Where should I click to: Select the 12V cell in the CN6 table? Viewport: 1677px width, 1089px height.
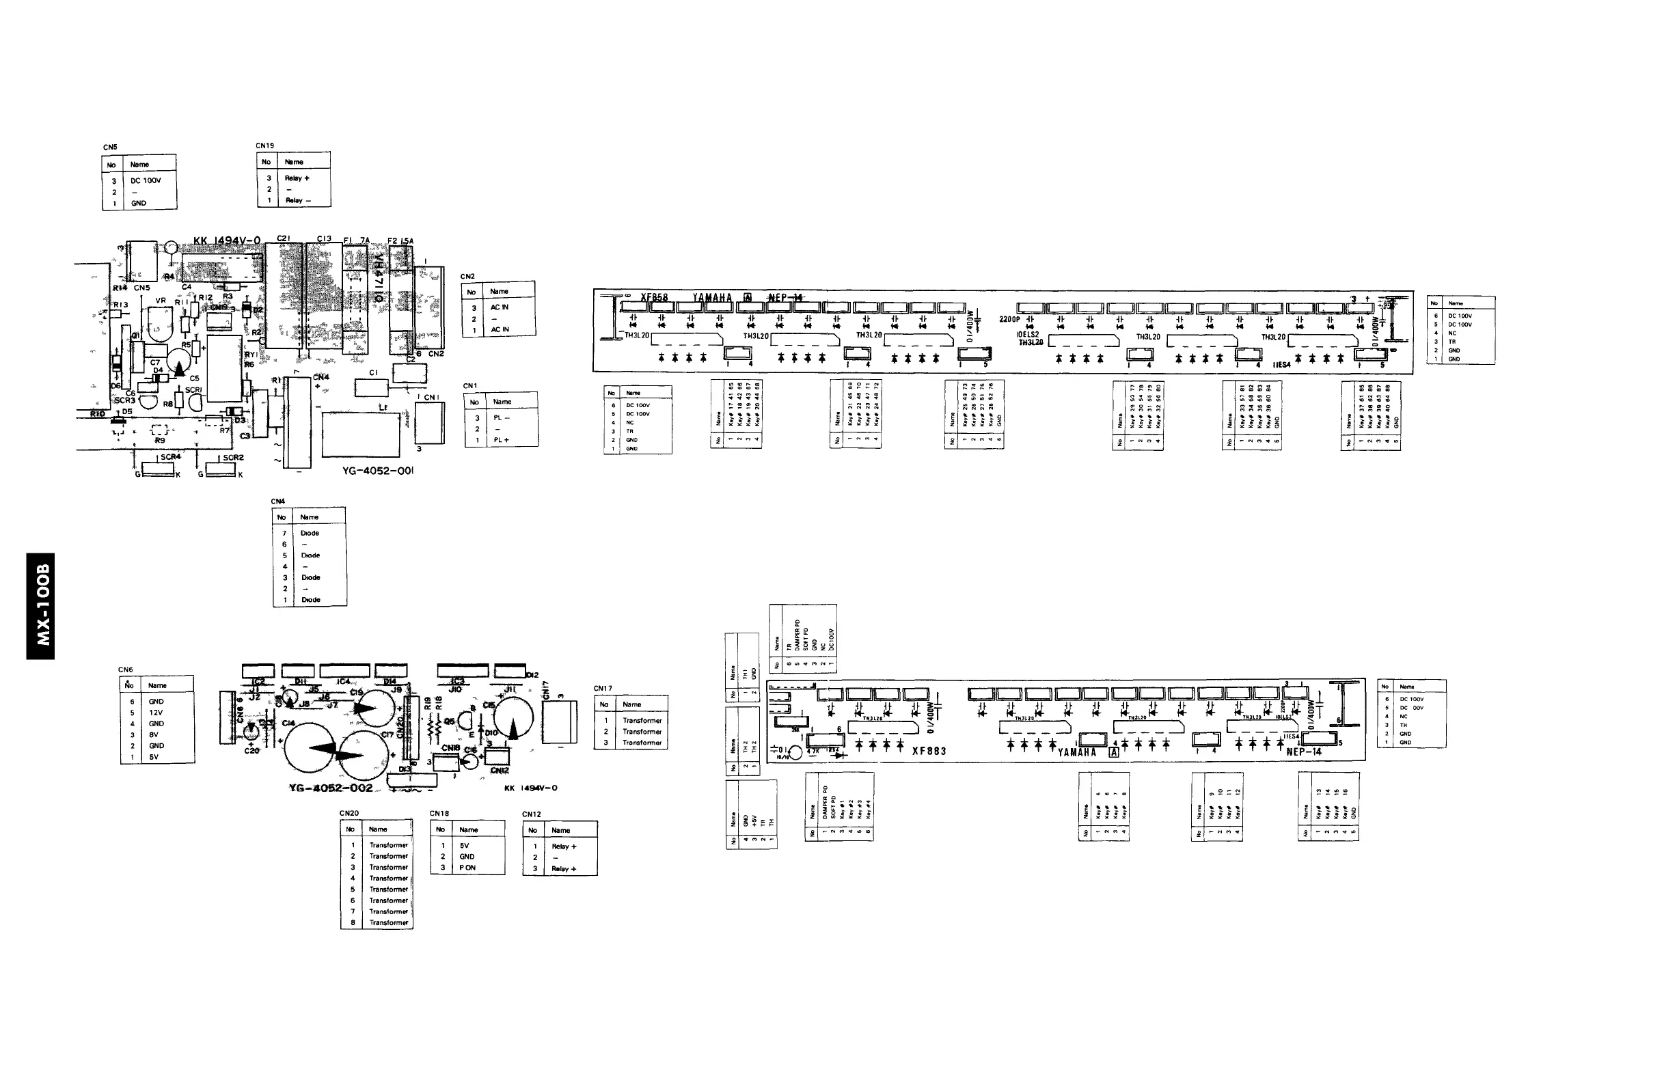pyautogui.click(x=156, y=713)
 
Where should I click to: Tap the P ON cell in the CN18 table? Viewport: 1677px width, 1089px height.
pyautogui.click(x=468, y=868)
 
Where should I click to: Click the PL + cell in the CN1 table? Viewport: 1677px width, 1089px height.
pyautogui.click(x=501, y=440)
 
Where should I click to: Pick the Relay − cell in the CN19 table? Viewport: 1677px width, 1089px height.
pyautogui.click(x=297, y=201)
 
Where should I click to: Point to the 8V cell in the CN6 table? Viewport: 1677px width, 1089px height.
pyautogui.click(x=154, y=734)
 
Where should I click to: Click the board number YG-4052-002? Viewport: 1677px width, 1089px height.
pyautogui.click(x=331, y=788)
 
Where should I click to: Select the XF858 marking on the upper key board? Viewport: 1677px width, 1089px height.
pyautogui.click(x=654, y=297)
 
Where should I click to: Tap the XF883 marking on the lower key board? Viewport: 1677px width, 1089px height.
pyautogui.click(x=929, y=751)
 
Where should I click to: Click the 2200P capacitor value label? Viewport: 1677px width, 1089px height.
pyautogui.click(x=1009, y=320)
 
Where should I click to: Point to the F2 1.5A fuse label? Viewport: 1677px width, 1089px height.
pyautogui.click(x=401, y=241)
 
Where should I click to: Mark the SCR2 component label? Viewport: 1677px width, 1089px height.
pyautogui.click(x=233, y=458)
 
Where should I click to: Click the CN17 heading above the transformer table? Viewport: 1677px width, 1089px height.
pyautogui.click(x=603, y=688)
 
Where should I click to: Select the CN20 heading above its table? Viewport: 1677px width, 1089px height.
pyautogui.click(x=349, y=813)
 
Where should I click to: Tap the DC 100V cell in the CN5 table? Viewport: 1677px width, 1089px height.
pyautogui.click(x=145, y=181)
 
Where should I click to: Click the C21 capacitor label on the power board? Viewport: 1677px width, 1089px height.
pyautogui.click(x=283, y=239)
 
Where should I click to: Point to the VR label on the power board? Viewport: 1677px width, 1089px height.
pyautogui.click(x=161, y=301)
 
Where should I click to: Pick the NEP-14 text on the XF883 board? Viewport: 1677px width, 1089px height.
pyautogui.click(x=1304, y=752)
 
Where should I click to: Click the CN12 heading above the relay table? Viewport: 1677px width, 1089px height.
pyautogui.click(x=531, y=814)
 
